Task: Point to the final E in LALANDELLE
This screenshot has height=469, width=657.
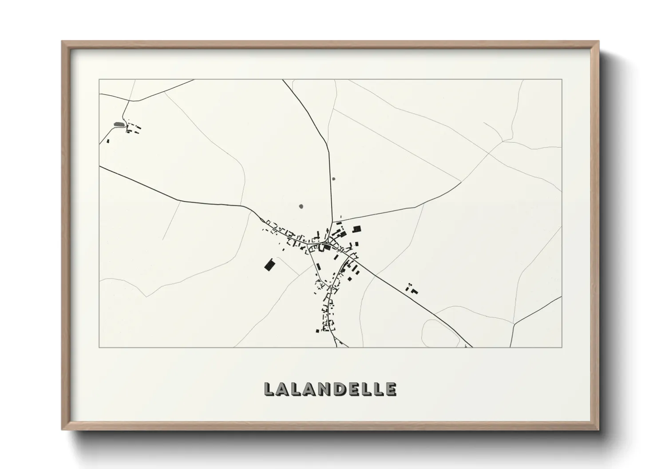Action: pos(391,389)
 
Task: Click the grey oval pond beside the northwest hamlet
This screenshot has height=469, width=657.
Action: pos(118,125)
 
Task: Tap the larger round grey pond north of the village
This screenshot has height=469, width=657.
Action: pos(301,206)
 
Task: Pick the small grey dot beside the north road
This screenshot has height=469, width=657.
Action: pos(333,179)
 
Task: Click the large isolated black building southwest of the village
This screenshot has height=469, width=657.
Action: pos(269,265)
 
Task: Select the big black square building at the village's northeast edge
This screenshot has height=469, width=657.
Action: pos(356,229)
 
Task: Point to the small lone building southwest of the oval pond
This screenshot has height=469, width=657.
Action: pos(108,141)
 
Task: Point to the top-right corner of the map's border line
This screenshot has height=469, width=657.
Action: pos(562,79)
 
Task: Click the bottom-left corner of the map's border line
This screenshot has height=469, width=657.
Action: pos(99,348)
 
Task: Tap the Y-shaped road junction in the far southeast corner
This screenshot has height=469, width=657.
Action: pos(514,324)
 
